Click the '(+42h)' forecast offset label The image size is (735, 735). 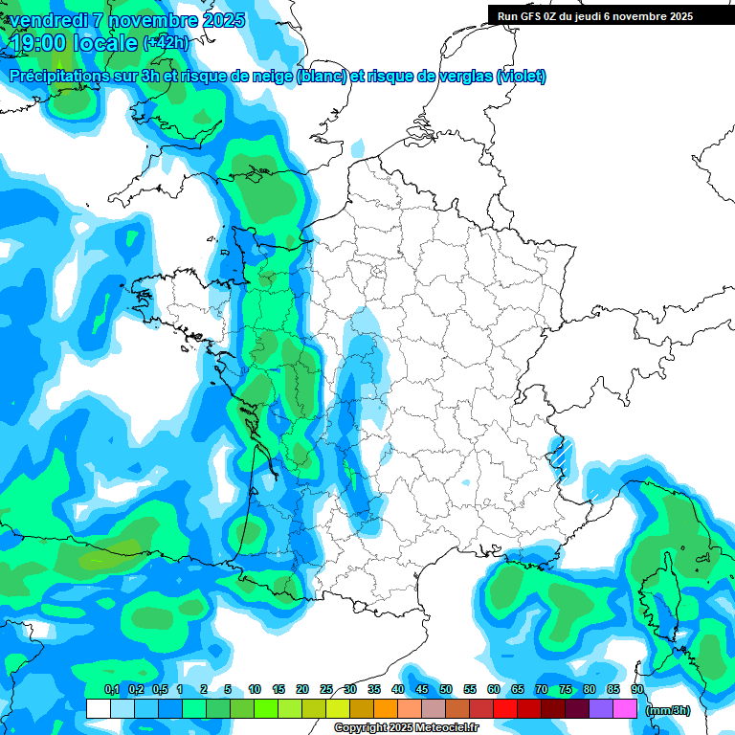pos(166,43)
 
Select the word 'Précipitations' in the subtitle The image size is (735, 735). pos(63,77)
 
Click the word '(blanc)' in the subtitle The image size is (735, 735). pos(322,77)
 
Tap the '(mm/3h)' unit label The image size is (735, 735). pos(668,709)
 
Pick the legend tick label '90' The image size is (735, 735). pos(636,689)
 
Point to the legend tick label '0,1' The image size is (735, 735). pos(111,689)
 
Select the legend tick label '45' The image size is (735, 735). pos(422,689)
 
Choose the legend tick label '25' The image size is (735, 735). pos(326,689)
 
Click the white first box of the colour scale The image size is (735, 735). pos(98,708)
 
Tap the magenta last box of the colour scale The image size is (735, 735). pos(625,708)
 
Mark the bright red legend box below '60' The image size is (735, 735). pos(505,708)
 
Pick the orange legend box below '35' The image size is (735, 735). pos(386,708)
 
